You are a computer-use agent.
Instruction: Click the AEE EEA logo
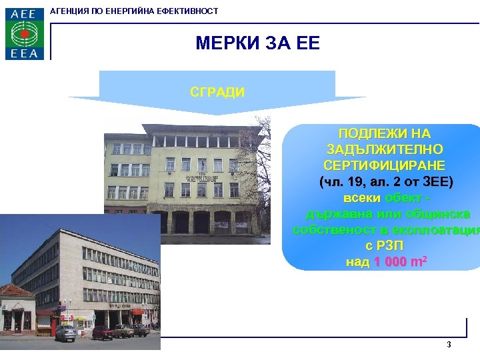click(x=25, y=34)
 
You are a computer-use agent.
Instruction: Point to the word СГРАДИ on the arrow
click(x=217, y=92)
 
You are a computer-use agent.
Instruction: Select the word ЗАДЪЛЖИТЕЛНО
click(x=385, y=150)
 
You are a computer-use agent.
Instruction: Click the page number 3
click(x=449, y=345)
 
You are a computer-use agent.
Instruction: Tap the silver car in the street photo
click(x=66, y=333)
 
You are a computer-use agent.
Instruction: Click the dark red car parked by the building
click(x=104, y=332)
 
